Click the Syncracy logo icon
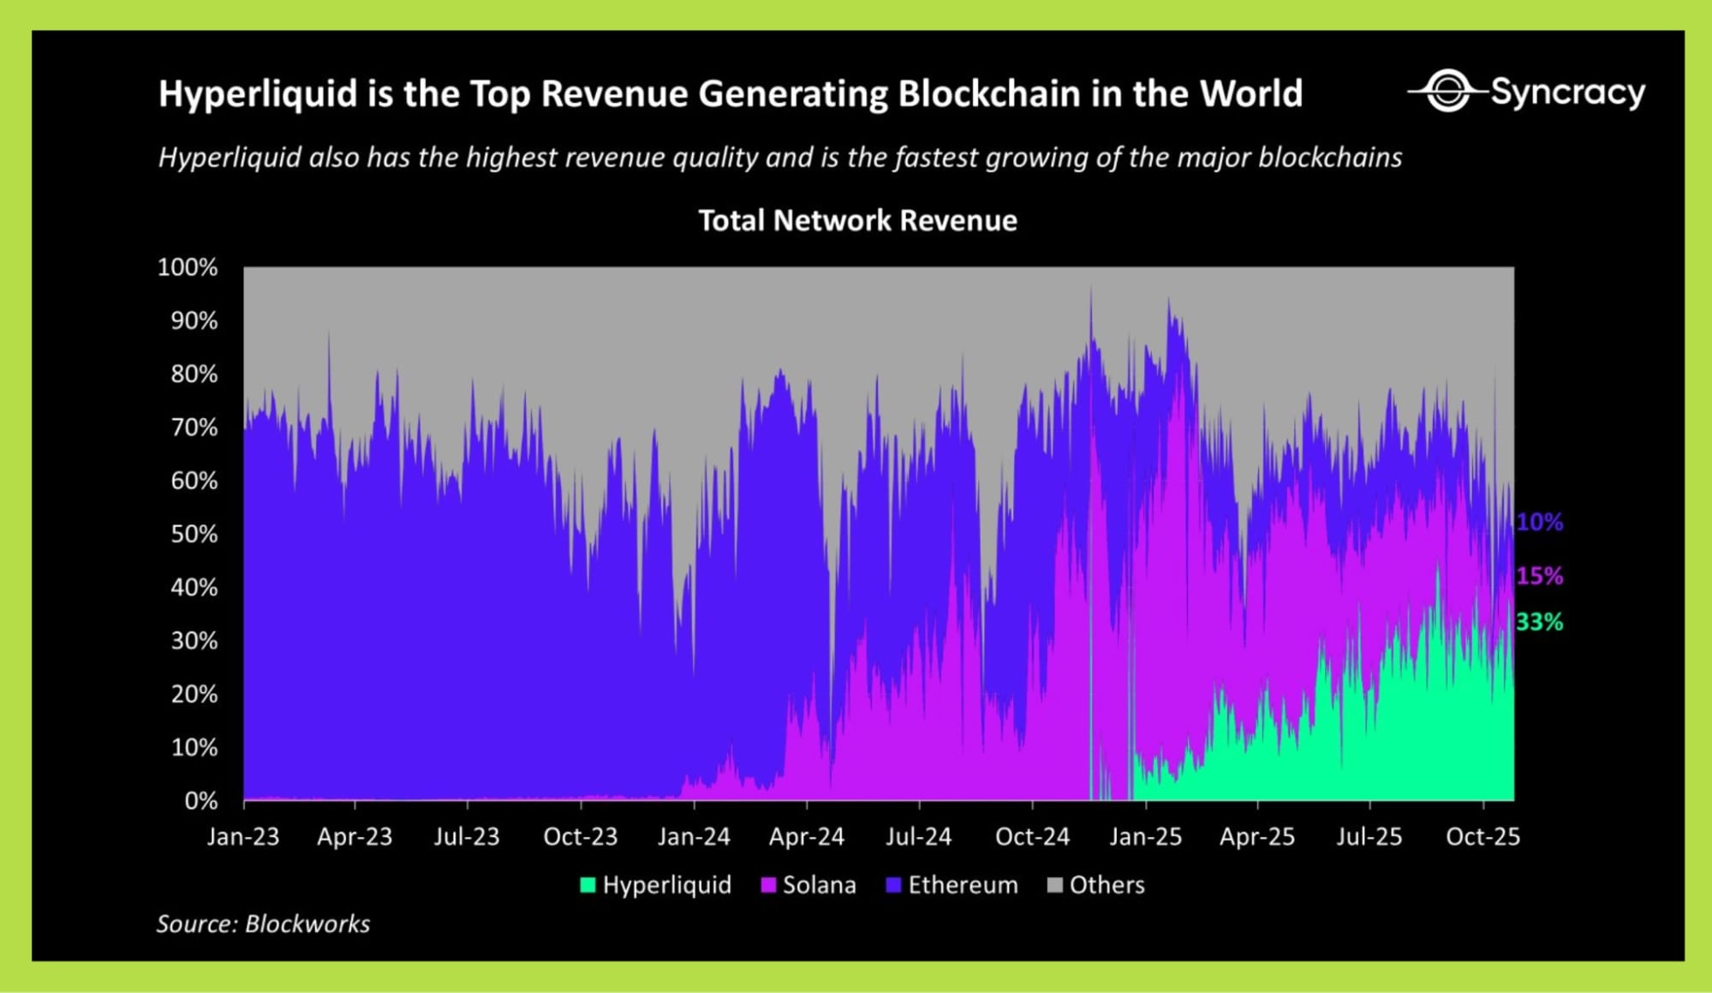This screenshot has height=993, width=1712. click(1447, 91)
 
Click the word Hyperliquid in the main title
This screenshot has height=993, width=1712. click(258, 93)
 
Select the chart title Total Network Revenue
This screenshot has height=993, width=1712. click(857, 221)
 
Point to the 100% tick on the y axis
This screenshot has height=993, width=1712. click(188, 267)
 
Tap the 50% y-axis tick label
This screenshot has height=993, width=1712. click(194, 534)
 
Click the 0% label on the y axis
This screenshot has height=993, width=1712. click(201, 800)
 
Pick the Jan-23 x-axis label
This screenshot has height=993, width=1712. click(243, 836)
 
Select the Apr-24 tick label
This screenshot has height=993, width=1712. click(806, 836)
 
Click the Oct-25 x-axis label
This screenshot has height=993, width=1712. click(1482, 836)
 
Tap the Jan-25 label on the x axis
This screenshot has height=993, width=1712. click(1145, 836)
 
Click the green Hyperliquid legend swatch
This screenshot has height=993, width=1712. click(588, 885)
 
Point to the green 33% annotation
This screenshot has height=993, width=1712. click(1539, 622)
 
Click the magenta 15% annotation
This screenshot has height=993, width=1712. click(1539, 576)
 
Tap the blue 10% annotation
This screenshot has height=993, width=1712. click(1539, 522)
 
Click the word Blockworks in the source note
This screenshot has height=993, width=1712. click(307, 924)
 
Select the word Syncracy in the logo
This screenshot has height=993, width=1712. click(1567, 92)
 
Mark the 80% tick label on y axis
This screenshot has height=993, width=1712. click(194, 374)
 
